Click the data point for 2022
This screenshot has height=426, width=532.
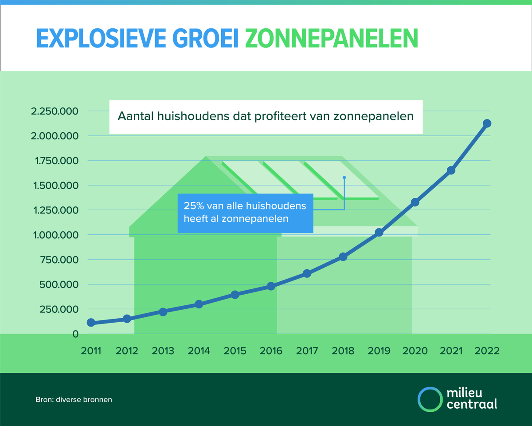[x=487, y=123]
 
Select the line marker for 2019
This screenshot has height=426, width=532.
[x=379, y=232]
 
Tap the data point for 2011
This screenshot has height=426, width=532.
[x=91, y=323]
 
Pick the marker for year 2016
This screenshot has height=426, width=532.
[x=271, y=286]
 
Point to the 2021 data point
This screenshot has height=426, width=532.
[x=451, y=170]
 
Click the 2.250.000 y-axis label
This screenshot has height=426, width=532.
[x=54, y=111]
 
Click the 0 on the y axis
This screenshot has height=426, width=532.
[x=76, y=334]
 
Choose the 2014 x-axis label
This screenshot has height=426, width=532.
[x=199, y=351]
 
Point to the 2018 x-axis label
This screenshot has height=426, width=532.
[x=343, y=351]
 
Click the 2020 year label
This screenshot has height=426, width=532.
[x=415, y=351]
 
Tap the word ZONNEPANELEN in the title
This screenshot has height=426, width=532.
[x=331, y=39]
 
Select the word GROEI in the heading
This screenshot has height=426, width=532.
[x=204, y=39]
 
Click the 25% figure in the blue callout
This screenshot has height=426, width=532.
[x=192, y=206]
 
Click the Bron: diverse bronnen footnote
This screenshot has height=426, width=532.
[x=74, y=399]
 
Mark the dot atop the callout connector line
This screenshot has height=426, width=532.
[x=344, y=177]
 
